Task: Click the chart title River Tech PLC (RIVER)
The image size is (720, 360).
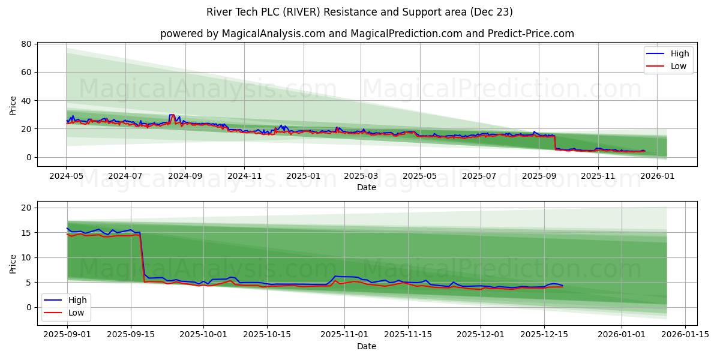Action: [x=359, y=12]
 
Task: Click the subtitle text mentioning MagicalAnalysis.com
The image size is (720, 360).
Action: [x=367, y=34]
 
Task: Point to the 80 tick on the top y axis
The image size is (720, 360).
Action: [x=26, y=44]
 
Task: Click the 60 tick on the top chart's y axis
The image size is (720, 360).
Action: [x=26, y=72]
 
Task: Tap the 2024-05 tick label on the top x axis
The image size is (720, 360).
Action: [x=66, y=176]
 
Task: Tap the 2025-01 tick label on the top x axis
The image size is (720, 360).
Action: [x=303, y=176]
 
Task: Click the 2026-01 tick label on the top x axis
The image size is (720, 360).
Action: [x=657, y=176]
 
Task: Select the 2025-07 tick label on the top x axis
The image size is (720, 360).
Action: [x=478, y=176]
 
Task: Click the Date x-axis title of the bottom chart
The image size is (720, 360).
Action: [x=367, y=346]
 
